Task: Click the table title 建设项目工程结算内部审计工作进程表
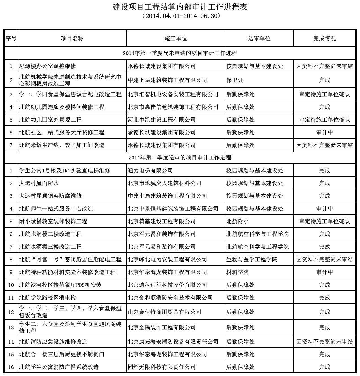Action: [x=180, y=7]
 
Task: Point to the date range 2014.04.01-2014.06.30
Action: [x=180, y=16]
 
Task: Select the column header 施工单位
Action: [x=175, y=38]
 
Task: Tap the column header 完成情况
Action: [x=324, y=38]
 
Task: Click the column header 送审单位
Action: [x=259, y=38]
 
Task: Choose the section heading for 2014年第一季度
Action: [x=180, y=53]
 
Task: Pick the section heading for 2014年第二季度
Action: [x=180, y=158]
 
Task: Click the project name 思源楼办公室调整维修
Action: [x=48, y=66]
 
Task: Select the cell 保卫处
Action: [x=235, y=80]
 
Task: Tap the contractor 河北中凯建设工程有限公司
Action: [x=162, y=120]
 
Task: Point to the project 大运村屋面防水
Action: [x=39, y=183]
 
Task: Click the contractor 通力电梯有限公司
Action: [x=150, y=170]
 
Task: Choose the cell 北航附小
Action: [x=238, y=221]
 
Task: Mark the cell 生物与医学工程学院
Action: [x=252, y=259]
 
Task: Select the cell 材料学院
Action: [x=238, y=272]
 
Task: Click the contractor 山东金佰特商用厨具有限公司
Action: [x=164, y=312]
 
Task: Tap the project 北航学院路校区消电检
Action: [x=48, y=298]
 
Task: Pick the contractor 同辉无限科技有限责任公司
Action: [x=162, y=367]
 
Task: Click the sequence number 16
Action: [x=11, y=367]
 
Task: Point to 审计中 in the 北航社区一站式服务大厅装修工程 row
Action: [x=324, y=132]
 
